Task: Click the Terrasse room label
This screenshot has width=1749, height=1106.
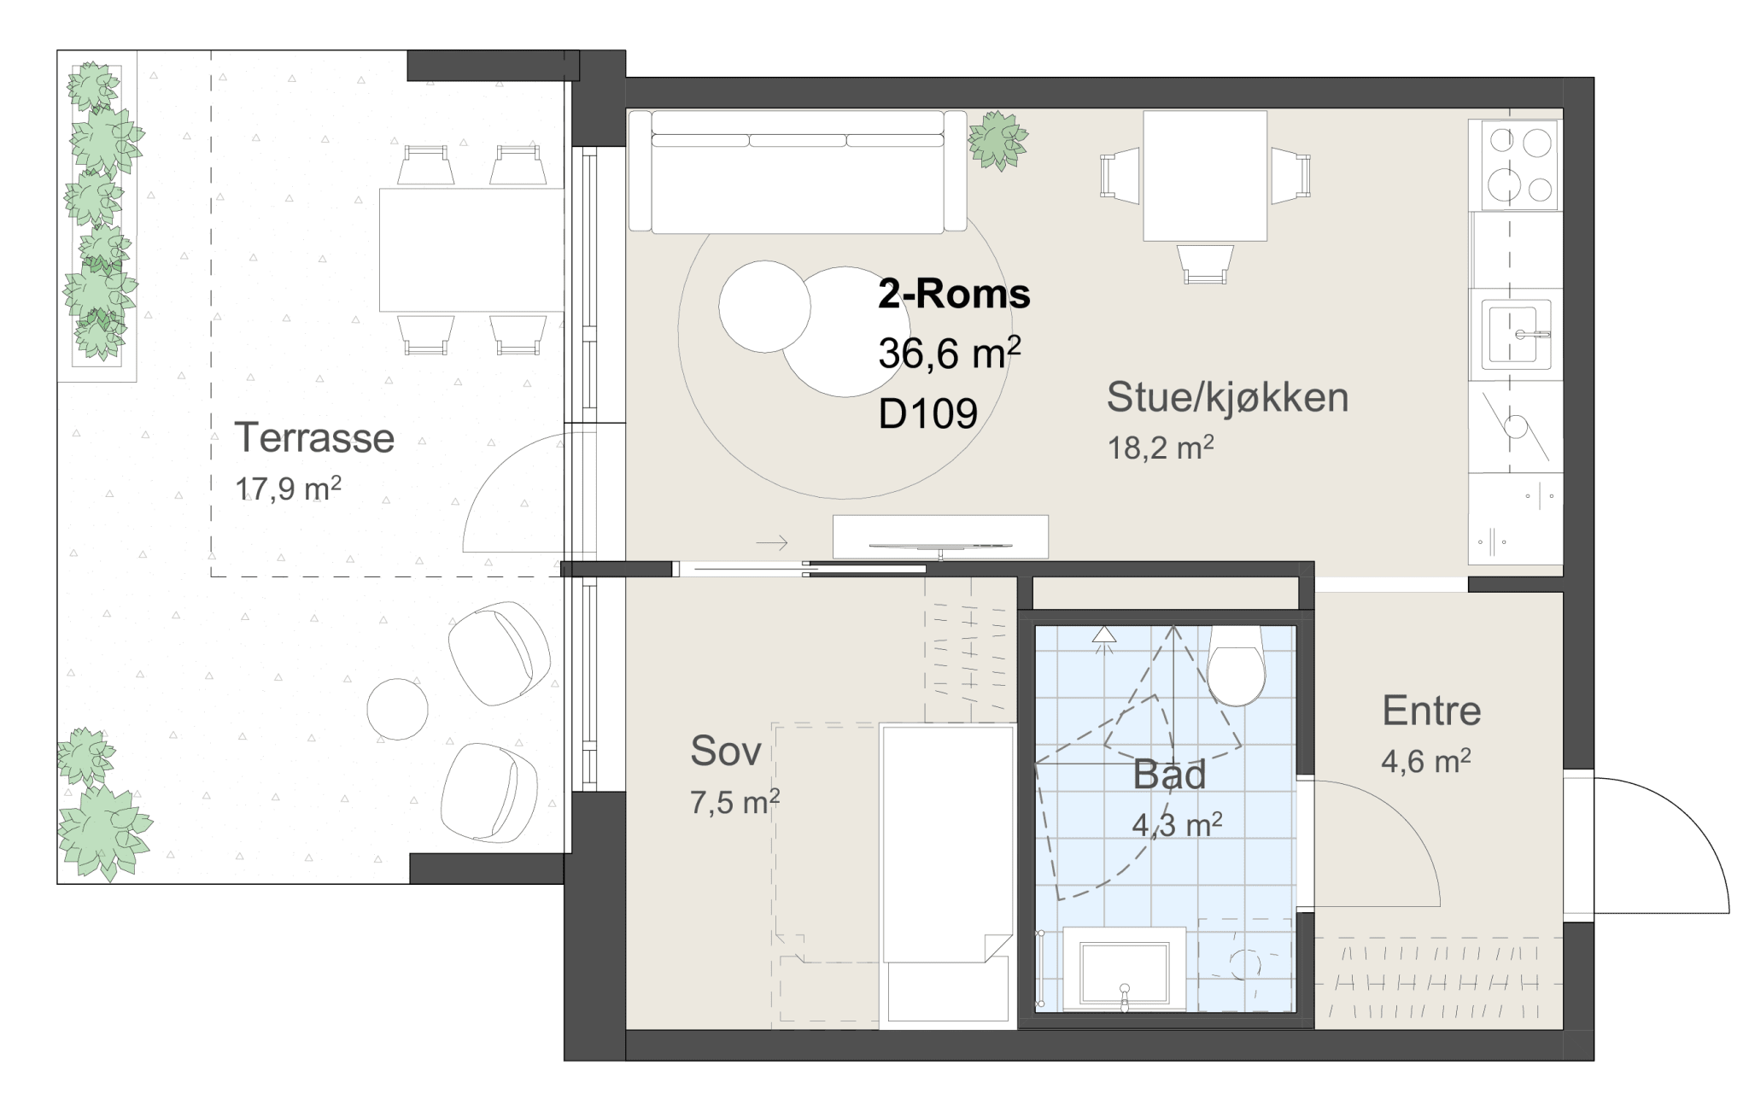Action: coord(314,438)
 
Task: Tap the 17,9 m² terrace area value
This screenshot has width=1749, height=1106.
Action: coord(288,489)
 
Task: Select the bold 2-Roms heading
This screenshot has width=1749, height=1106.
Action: coord(954,295)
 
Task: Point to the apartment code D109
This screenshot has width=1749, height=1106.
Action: coord(927,414)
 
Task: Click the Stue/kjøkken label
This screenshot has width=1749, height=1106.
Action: coord(1227,398)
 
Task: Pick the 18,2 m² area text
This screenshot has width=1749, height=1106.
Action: coord(1161,448)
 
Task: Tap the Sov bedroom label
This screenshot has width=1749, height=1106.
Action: coord(725,752)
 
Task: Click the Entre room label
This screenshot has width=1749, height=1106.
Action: coord(1431,711)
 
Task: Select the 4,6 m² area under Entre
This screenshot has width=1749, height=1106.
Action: coord(1425,761)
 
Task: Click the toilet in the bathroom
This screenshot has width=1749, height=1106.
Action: coord(1236,666)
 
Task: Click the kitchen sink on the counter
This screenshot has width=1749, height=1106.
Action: coord(1516,334)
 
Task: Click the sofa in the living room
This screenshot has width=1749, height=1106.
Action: coord(798,172)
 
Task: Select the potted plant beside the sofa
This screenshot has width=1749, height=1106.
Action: coord(997,140)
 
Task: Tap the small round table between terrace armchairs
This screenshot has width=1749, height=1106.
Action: coord(397,709)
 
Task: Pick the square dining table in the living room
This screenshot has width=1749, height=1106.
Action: coord(1205,176)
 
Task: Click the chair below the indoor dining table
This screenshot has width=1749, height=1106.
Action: coord(1205,264)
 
